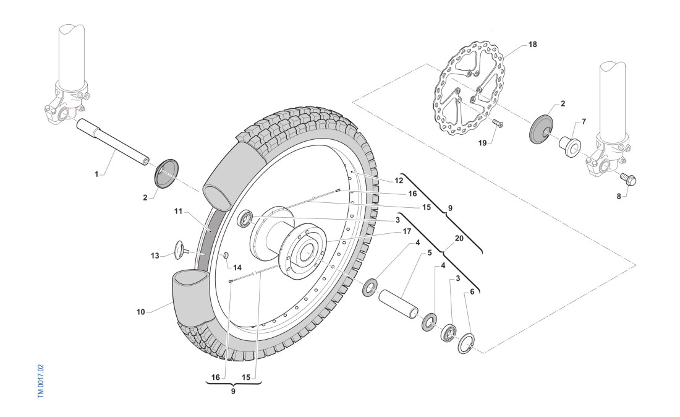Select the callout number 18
(533, 45)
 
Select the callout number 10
(140, 312)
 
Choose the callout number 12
(399, 181)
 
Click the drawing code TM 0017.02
(41, 380)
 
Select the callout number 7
(584, 122)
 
